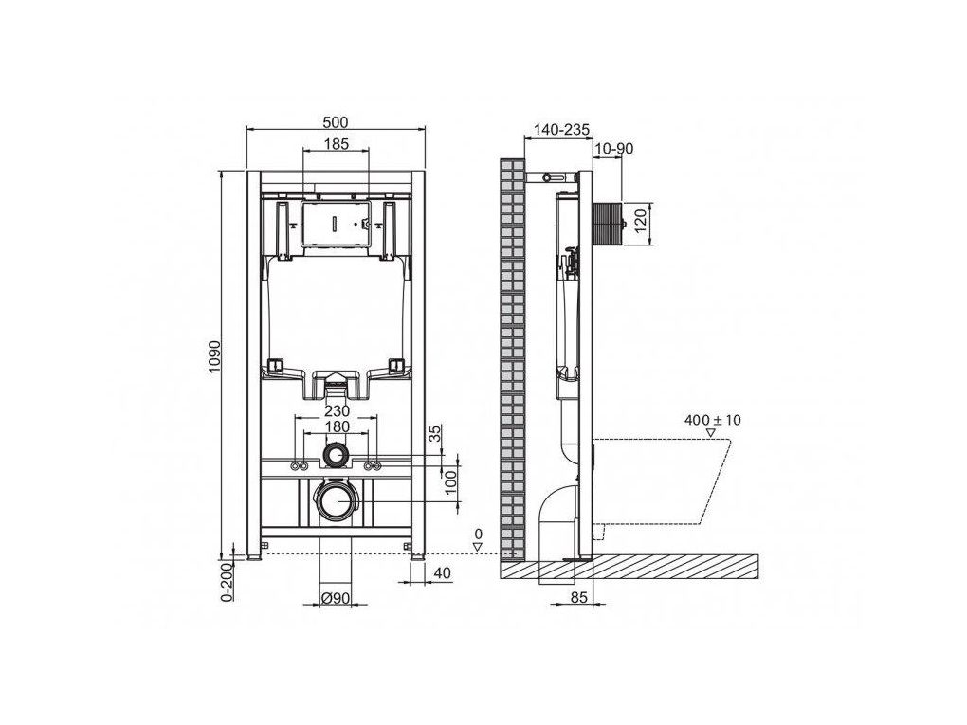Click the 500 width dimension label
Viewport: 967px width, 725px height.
click(x=336, y=122)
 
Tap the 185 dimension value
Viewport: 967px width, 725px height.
click(x=337, y=144)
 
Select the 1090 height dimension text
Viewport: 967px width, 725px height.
click(x=214, y=355)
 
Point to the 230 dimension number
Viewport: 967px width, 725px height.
click(x=337, y=410)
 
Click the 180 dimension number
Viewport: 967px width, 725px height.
click(x=337, y=426)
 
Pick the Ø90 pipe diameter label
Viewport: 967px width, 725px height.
click(x=337, y=597)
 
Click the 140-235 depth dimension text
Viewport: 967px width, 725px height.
click(x=561, y=130)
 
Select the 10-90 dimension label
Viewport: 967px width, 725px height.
click(x=614, y=148)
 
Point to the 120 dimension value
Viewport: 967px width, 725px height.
click(x=640, y=221)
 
